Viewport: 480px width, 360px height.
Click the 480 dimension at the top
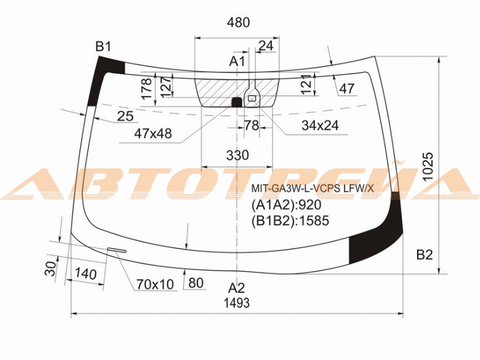point(238,22)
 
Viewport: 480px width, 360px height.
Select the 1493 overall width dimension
point(236,303)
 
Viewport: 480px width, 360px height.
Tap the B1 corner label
point(103,47)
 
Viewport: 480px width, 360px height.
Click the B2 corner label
point(425,254)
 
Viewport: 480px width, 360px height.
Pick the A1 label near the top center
point(237,61)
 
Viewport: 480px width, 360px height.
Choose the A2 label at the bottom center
point(236,288)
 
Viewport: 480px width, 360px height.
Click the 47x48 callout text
point(153,133)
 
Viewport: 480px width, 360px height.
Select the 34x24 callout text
point(320,125)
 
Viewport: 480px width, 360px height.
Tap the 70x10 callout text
point(155,284)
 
